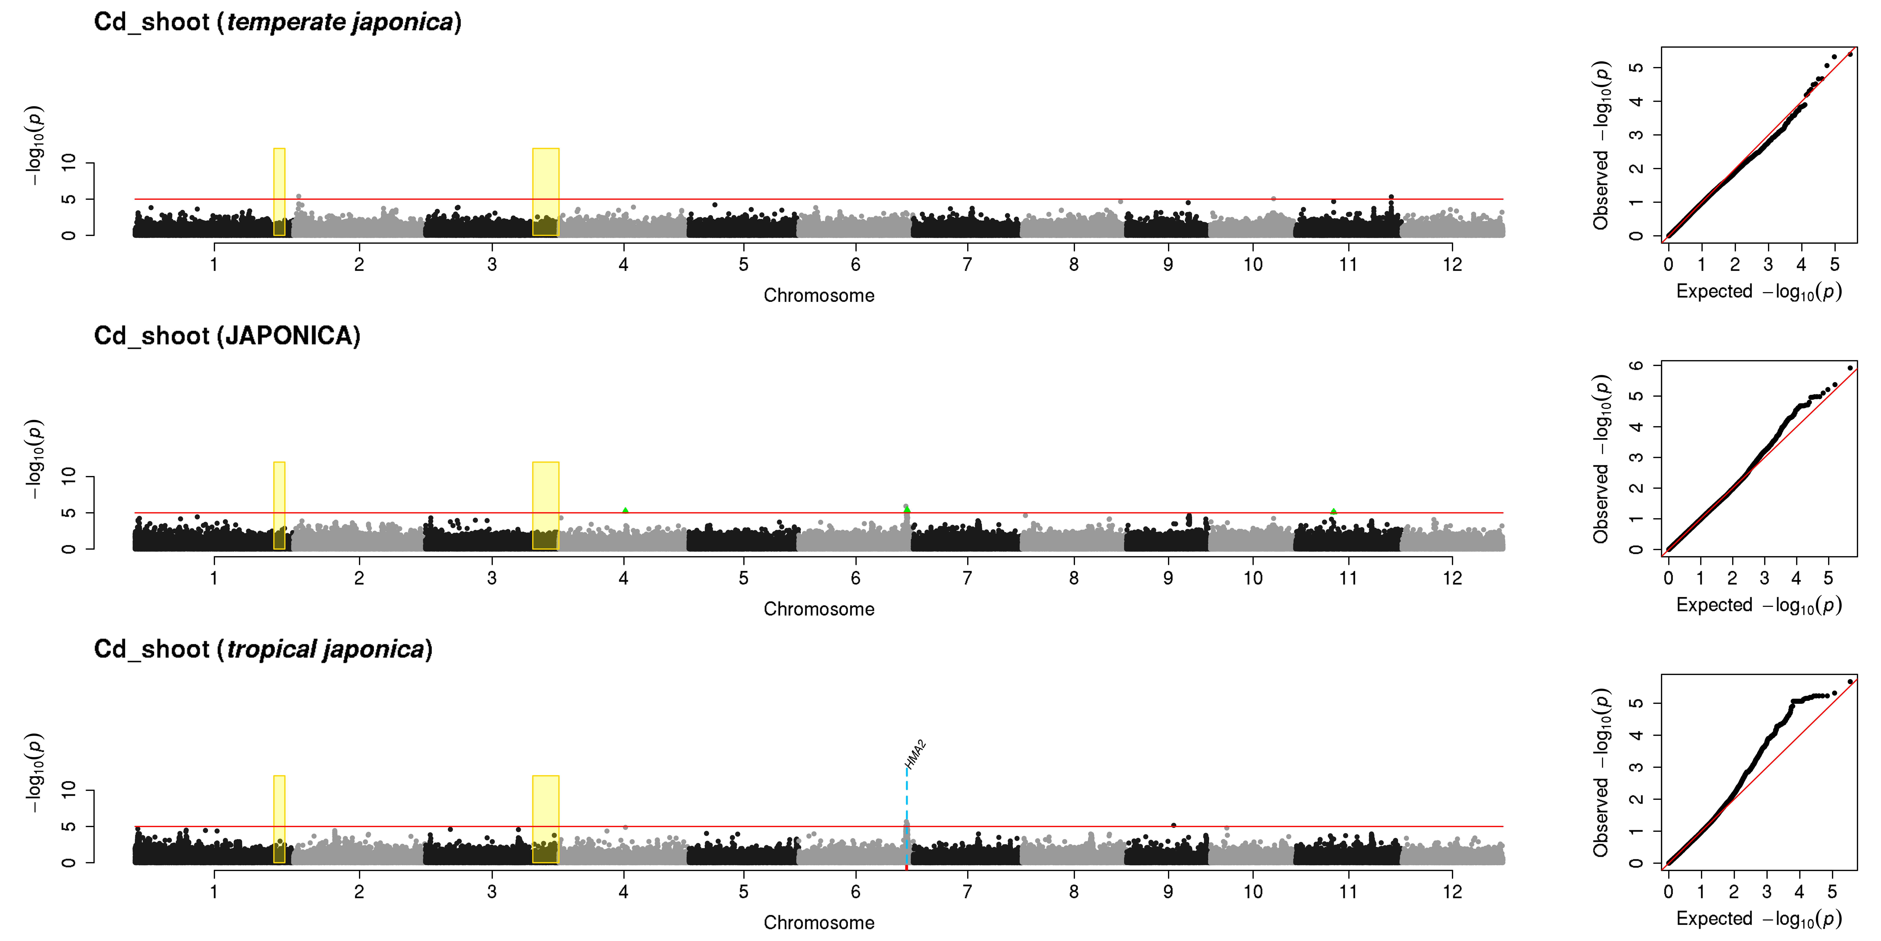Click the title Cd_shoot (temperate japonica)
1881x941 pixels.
(277, 22)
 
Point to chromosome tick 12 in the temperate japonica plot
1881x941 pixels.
(1452, 264)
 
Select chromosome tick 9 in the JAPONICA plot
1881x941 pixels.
(1168, 578)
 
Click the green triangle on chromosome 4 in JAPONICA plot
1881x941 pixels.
(625, 510)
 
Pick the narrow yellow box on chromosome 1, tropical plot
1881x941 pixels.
(279, 819)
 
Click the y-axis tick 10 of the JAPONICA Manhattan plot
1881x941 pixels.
(68, 476)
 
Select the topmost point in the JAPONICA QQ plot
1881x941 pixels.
(1850, 368)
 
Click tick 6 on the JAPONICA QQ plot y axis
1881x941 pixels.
(1636, 365)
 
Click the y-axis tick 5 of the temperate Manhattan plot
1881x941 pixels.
(68, 199)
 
